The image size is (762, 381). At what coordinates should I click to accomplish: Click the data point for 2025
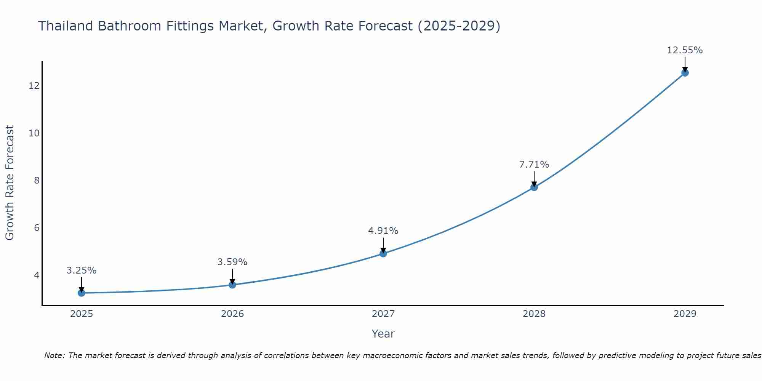coord(81,293)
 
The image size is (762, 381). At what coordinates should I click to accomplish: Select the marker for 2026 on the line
coord(232,285)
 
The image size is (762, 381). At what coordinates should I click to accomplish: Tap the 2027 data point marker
coord(383,253)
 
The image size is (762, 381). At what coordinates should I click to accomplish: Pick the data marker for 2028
coord(534,187)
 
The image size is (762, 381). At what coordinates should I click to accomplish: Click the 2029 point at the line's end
coord(685,73)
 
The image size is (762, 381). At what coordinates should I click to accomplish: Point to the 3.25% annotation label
coord(81,271)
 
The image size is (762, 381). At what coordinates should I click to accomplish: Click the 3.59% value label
coord(232,262)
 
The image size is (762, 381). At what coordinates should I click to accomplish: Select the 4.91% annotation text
coord(383,231)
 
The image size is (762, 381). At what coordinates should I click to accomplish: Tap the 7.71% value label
coord(534,165)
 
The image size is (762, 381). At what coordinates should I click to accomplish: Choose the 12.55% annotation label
coord(685,50)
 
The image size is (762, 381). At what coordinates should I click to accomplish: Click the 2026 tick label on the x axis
coord(232,314)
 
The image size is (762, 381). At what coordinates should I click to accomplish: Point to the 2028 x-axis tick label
coord(534,314)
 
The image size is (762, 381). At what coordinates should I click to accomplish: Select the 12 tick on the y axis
coord(34,86)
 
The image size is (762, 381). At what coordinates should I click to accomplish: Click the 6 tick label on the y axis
coord(37,228)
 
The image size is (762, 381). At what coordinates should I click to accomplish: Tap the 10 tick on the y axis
coord(34,133)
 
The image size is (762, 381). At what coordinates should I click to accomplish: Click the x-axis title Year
coord(383,334)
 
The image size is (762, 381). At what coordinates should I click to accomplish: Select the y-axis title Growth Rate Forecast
coord(10,183)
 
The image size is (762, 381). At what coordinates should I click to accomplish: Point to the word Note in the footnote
coord(54,355)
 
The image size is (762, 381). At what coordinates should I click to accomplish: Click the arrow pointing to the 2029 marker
coord(685,64)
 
